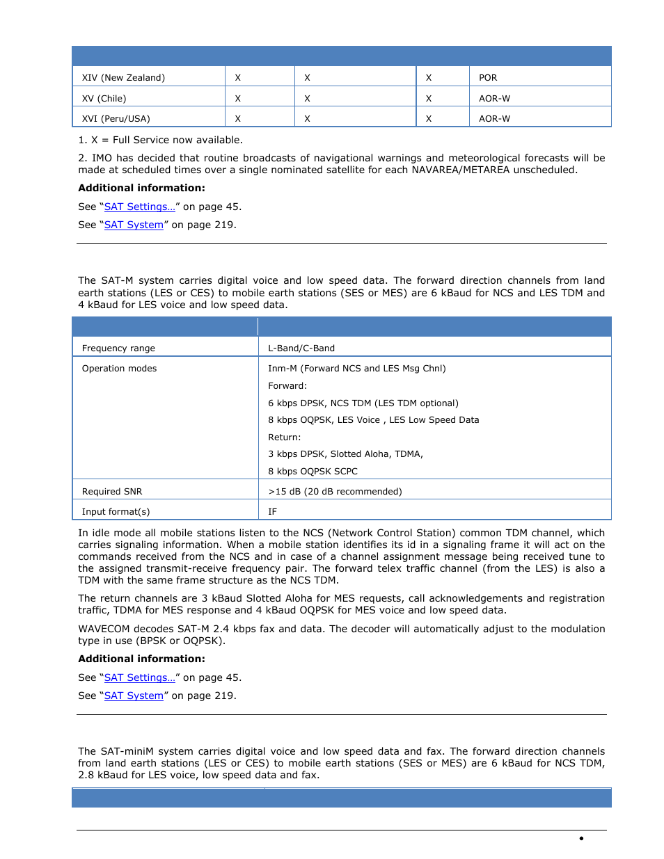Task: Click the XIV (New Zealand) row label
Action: coord(123,78)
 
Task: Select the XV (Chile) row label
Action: coord(104,99)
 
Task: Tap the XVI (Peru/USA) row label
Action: coord(116,119)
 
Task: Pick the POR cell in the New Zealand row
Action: coord(488,78)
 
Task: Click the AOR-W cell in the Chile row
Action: coord(494,99)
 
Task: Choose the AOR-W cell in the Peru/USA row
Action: coord(494,119)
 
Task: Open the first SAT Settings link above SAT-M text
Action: coord(139,207)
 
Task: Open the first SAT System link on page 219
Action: coord(134,225)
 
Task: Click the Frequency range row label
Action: coord(118,348)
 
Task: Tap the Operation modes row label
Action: coord(119,369)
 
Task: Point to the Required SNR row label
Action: coord(112,492)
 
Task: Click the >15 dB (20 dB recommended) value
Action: coord(335,492)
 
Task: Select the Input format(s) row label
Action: coord(116,512)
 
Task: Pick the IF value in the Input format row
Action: coord(272,512)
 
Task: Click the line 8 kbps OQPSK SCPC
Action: coord(313,472)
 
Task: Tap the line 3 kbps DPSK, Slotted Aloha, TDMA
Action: coord(345,454)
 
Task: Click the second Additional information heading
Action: coord(141,659)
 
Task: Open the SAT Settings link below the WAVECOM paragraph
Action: coord(139,677)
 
